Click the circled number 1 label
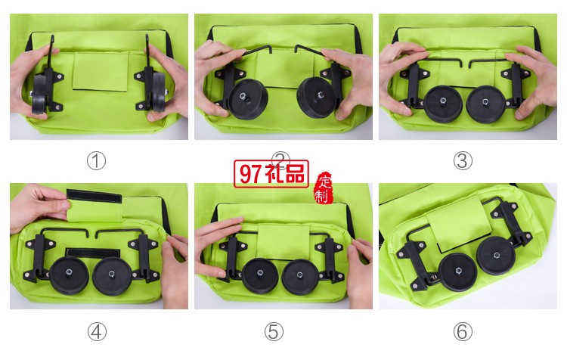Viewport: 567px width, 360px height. [x=96, y=161]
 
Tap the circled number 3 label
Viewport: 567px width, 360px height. [x=463, y=161]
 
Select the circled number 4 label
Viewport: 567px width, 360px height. [x=97, y=331]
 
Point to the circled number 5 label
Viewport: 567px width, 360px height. [x=274, y=331]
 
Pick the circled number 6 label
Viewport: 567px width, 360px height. [x=463, y=331]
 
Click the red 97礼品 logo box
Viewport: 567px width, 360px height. [x=271, y=174]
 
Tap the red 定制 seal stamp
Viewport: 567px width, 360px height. [x=324, y=188]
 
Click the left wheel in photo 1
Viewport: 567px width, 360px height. [x=39, y=93]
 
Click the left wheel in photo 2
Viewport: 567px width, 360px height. [x=248, y=99]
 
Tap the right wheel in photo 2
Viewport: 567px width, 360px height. [x=315, y=97]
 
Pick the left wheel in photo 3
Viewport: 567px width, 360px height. [x=443, y=104]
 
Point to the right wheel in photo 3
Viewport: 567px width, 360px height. [x=485, y=104]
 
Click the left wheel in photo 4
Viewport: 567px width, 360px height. [x=69, y=275]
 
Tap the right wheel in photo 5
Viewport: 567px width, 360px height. [x=300, y=277]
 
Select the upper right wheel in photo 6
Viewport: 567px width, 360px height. [x=496, y=256]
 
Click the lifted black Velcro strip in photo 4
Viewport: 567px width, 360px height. [x=94, y=197]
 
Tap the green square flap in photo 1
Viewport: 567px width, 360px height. [x=101, y=72]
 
